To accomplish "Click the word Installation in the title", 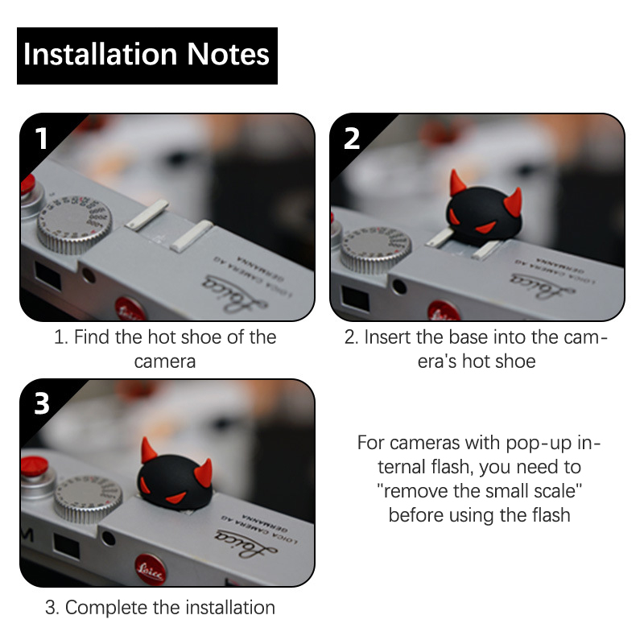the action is [100, 54].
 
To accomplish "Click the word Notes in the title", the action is [228, 54].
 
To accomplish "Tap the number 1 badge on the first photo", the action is [41, 138].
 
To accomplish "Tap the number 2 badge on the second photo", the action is [352, 138].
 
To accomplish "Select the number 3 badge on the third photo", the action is [42, 404].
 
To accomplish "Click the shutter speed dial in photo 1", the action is [74, 224].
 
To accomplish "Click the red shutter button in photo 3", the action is [35, 467].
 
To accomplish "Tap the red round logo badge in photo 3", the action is [151, 569].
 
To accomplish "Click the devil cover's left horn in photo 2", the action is [456, 183].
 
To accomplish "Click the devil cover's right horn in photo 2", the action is [514, 203].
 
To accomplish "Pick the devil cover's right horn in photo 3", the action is [204, 473].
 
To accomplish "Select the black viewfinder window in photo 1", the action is [47, 275].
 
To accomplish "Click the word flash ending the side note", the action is [551, 515].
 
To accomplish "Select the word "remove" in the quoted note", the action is [415, 491].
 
